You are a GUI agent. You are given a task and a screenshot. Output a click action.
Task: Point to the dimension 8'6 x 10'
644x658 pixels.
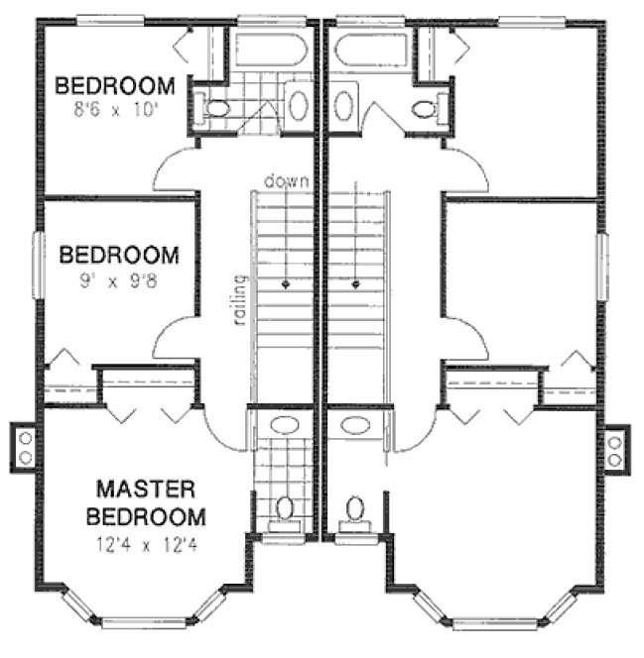(114, 109)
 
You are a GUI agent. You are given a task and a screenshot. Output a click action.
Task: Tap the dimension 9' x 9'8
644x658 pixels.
(119, 280)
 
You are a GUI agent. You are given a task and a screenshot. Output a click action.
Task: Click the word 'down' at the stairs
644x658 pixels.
(287, 181)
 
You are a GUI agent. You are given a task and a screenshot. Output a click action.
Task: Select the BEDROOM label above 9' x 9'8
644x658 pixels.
(119, 256)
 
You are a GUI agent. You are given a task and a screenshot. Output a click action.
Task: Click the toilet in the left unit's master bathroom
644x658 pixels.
(285, 508)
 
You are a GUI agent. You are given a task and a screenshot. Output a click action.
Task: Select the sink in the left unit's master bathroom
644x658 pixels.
(284, 426)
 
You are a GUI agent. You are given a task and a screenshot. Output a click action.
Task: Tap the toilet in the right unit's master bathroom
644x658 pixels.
(354, 508)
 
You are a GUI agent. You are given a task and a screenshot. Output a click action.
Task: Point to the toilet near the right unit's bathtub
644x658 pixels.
(426, 107)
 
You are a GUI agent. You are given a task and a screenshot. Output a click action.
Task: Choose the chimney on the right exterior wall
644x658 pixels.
(616, 447)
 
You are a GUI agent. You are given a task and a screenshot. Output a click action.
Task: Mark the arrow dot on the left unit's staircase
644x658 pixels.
(287, 283)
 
